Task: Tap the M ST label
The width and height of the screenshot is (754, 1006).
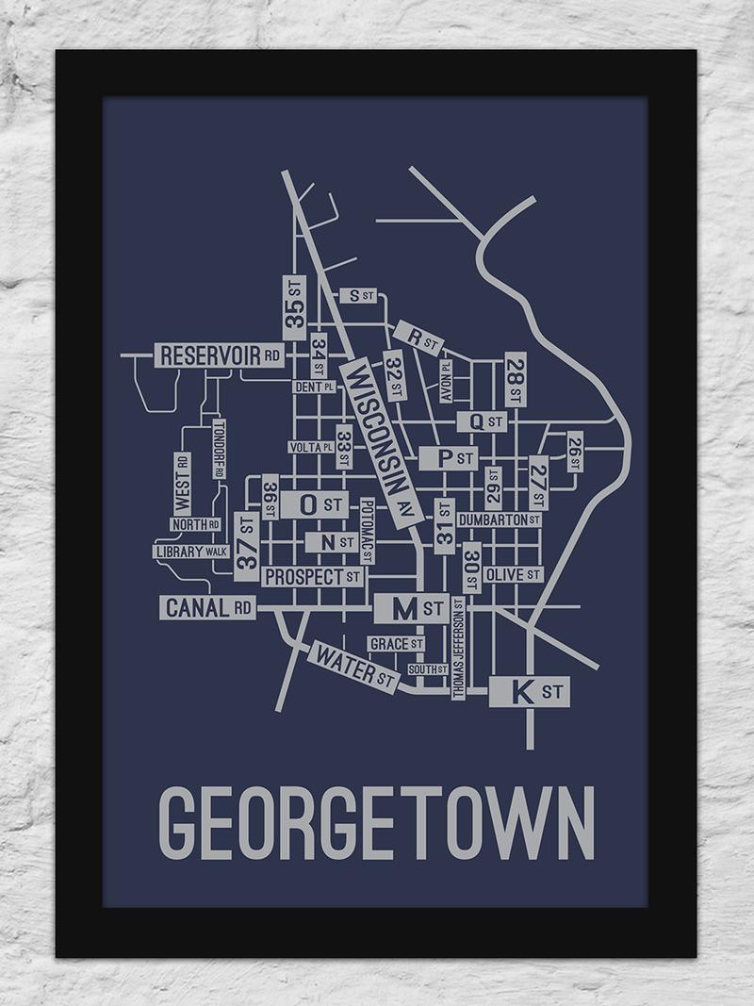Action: click(411, 609)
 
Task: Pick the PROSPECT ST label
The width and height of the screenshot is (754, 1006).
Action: click(312, 576)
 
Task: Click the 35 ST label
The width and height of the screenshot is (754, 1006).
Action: click(294, 306)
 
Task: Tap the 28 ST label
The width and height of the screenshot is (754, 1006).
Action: click(515, 380)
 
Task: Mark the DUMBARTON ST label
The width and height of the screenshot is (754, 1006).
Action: click(499, 519)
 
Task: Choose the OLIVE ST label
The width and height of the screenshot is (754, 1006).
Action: click(513, 574)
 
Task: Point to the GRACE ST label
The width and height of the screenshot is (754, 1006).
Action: click(396, 643)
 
